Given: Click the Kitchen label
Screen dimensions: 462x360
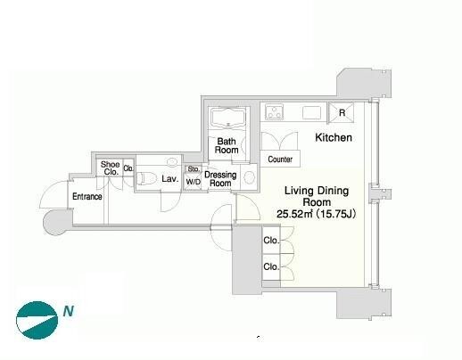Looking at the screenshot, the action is (334, 137).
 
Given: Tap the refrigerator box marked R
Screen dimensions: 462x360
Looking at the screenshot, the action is (342, 112).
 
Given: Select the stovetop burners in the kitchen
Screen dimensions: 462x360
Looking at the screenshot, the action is (274, 112).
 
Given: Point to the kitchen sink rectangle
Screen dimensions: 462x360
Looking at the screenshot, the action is (311, 113).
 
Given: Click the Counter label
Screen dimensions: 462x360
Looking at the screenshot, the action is (280, 160).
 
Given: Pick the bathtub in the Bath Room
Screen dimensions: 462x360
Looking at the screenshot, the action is (228, 119).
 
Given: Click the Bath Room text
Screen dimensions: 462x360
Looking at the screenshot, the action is (227, 145).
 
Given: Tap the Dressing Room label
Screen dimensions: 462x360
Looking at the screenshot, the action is (220, 179).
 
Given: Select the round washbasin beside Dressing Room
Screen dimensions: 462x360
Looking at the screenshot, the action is (249, 177).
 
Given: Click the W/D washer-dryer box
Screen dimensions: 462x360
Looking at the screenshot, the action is (193, 182).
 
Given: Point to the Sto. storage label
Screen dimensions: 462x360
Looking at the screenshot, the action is (194, 169).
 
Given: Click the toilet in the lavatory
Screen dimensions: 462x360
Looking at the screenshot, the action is (146, 178).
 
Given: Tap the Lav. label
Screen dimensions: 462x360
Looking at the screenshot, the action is (170, 179).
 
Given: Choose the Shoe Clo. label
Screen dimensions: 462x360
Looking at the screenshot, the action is (110, 168).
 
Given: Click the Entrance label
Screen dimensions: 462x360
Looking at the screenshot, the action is (87, 196).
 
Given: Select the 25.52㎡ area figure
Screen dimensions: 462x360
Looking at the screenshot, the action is (294, 214).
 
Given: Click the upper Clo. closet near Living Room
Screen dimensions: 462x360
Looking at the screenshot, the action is (271, 241).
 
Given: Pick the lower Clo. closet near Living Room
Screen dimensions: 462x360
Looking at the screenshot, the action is (271, 266).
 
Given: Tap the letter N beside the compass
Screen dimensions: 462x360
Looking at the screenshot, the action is (69, 311).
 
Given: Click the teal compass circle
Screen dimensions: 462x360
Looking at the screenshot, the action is (37, 320).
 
